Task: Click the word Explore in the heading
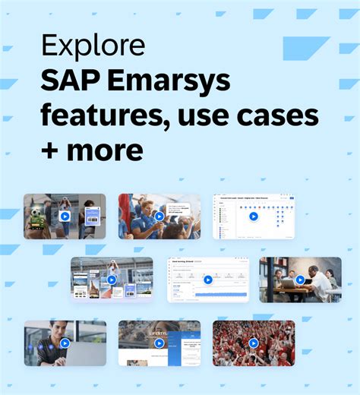[93, 46]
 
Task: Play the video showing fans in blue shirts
[159, 216]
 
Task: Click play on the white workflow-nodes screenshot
[254, 216]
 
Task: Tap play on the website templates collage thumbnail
[112, 280]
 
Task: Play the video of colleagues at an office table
[300, 280]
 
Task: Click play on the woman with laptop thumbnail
[65, 343]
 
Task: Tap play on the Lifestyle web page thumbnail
[159, 343]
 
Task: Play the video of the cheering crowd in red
[254, 343]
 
